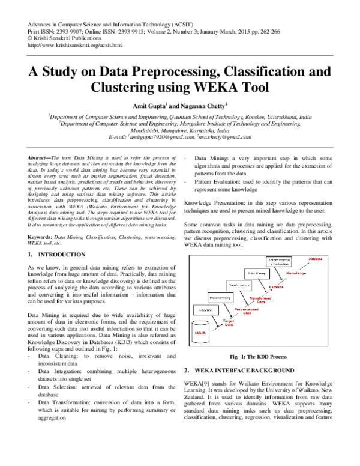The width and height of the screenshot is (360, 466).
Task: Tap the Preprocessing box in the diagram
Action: [220, 297]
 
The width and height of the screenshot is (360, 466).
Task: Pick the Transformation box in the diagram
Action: [239, 285]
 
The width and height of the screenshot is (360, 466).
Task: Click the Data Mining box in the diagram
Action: [256, 273]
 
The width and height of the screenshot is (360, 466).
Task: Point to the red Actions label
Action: [315, 258]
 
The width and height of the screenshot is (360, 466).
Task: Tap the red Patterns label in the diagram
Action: [276, 287]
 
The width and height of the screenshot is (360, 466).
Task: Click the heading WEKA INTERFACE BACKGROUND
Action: [262, 371]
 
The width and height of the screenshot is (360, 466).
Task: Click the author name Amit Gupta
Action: [154, 104]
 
